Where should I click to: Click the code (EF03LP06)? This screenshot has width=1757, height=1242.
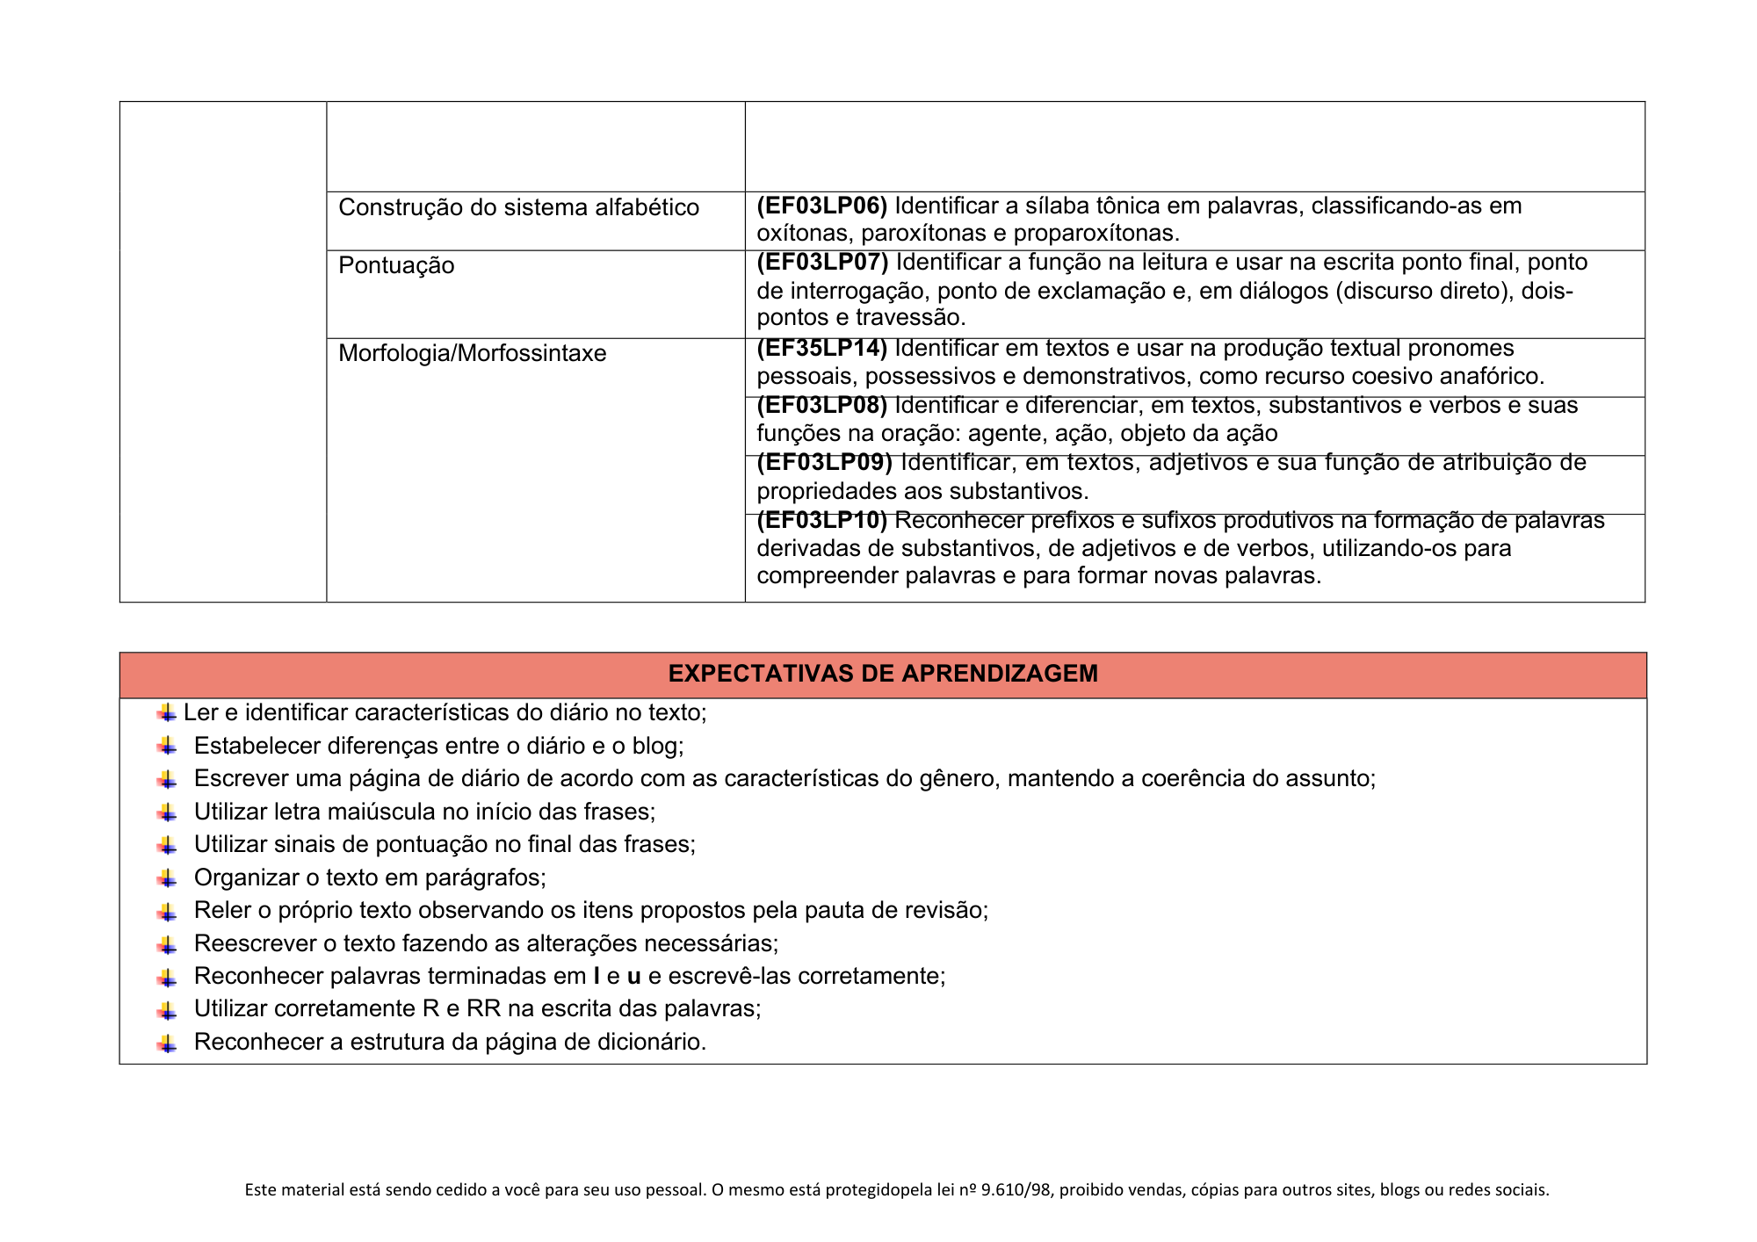click(x=822, y=206)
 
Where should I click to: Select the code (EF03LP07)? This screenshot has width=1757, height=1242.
click(x=822, y=263)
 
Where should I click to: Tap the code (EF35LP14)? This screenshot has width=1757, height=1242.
click(x=822, y=349)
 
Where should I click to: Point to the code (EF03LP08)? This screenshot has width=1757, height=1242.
click(x=822, y=405)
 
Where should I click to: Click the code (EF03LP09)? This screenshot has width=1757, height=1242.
click(x=824, y=463)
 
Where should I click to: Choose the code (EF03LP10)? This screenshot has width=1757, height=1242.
click(x=822, y=521)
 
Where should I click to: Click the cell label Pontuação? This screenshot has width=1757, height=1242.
click(x=396, y=265)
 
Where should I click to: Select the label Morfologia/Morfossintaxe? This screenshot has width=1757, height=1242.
click(x=472, y=353)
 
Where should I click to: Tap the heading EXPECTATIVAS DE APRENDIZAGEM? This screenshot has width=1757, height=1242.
click(x=883, y=674)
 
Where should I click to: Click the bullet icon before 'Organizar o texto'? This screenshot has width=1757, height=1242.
click(x=167, y=877)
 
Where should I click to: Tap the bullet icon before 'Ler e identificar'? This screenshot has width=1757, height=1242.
click(x=167, y=712)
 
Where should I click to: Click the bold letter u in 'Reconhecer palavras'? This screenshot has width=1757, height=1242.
click(x=633, y=976)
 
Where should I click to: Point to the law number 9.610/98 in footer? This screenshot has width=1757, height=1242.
click(x=1017, y=1190)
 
